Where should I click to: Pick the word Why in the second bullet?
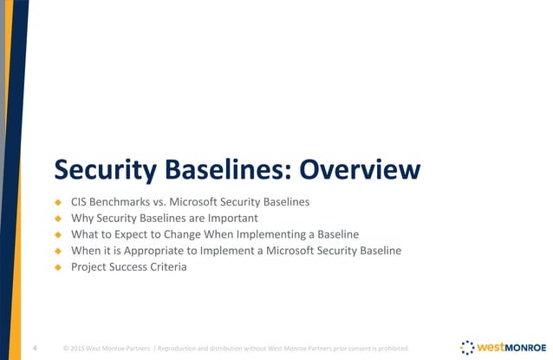(x=82, y=219)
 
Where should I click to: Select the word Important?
(x=233, y=219)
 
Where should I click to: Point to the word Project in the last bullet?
(x=90, y=267)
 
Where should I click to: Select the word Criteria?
(x=166, y=267)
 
